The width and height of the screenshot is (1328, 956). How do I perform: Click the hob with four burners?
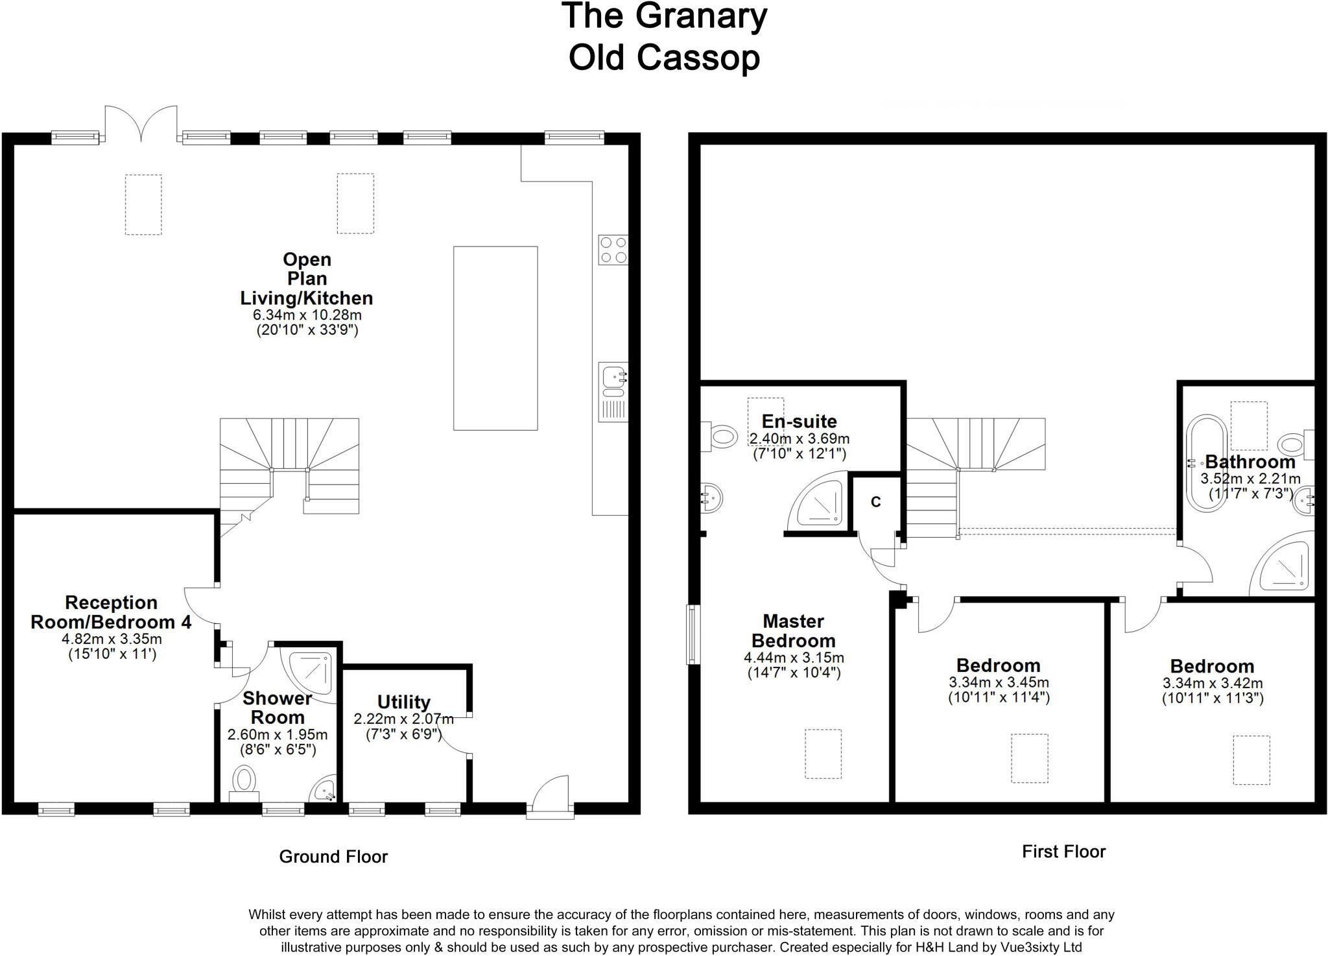(613, 250)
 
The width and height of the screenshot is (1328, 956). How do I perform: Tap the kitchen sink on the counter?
(613, 392)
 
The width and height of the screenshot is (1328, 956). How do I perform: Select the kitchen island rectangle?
(495, 338)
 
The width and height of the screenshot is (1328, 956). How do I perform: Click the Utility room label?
(404, 702)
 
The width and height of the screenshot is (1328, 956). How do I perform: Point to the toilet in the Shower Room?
(244, 783)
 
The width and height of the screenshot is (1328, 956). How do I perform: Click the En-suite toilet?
(719, 436)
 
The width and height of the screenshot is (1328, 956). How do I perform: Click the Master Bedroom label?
(793, 631)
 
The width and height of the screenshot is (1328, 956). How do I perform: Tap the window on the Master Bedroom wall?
(693, 634)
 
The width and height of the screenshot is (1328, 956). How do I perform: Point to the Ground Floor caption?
(333, 857)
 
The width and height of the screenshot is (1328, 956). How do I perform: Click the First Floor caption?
(1063, 852)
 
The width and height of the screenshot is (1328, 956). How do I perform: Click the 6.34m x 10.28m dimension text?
(307, 315)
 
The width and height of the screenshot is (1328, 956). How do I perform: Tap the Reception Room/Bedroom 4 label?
(111, 612)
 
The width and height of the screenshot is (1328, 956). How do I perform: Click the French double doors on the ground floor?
(141, 123)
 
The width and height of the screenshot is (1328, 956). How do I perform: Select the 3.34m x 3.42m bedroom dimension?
(1213, 684)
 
